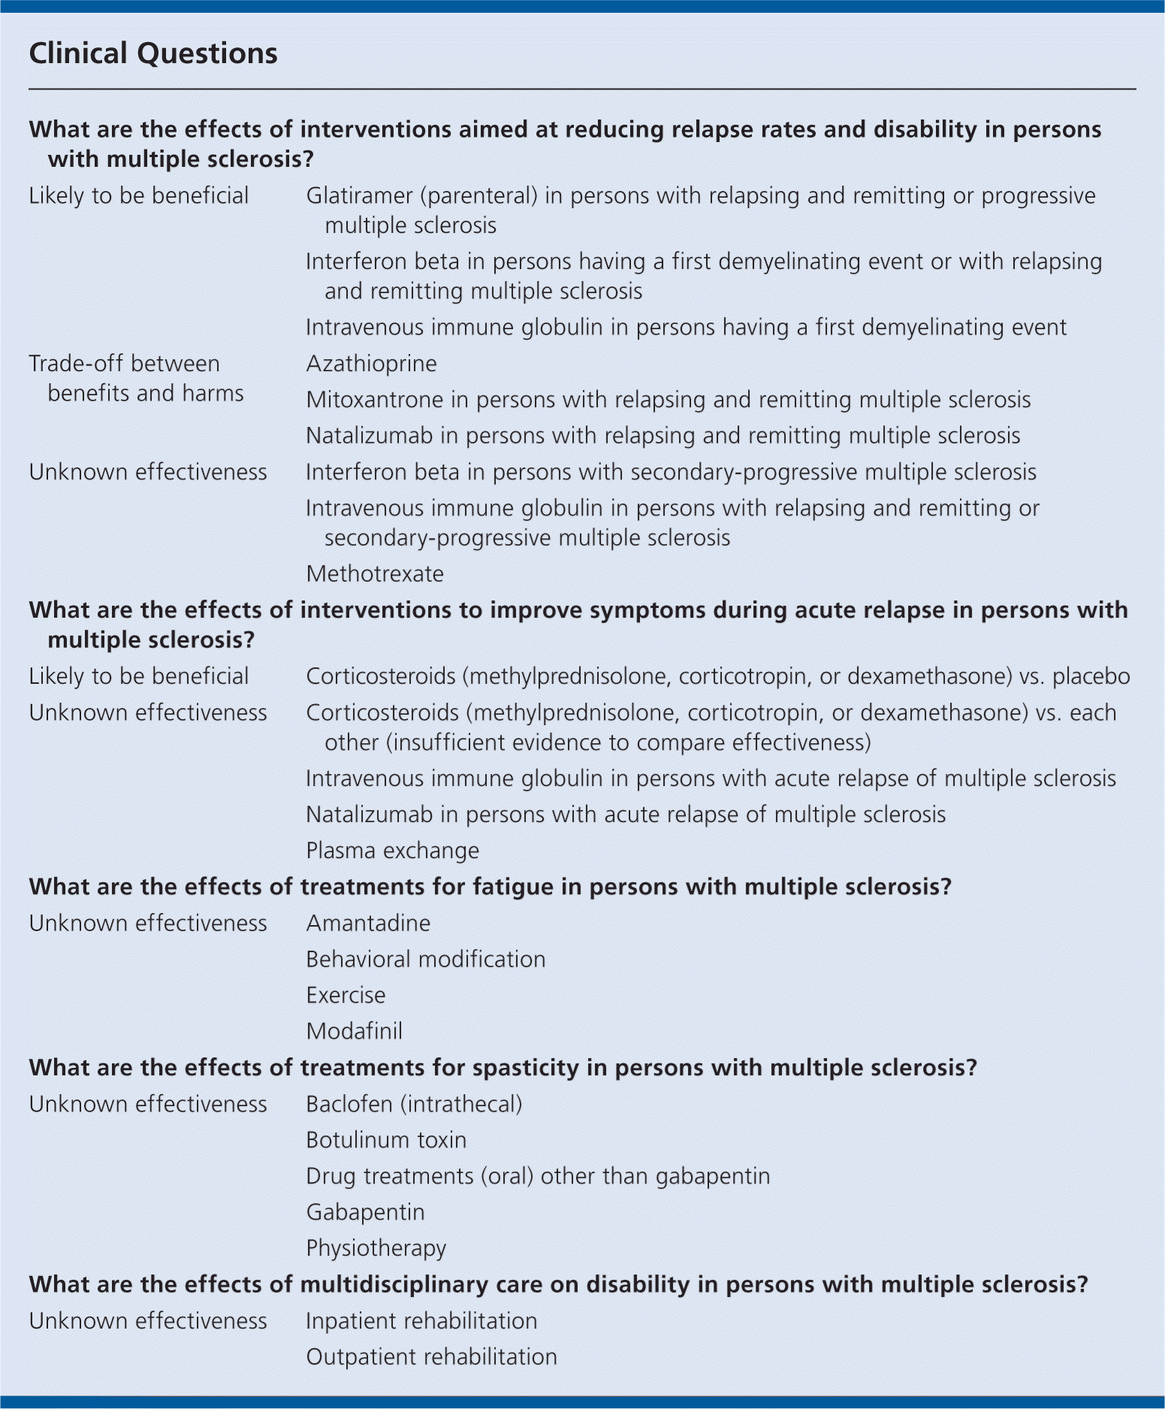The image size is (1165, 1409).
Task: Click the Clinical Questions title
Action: pos(153,54)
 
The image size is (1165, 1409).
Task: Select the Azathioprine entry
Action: pos(371,364)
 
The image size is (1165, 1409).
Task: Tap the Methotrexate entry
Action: pos(375,574)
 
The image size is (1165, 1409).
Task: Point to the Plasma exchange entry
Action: pos(392,851)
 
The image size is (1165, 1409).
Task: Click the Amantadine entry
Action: pos(368,923)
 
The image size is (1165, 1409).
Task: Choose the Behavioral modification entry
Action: pos(425,959)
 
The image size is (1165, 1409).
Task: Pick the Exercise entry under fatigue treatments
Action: pos(346,995)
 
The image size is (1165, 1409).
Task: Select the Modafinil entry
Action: pos(354,1031)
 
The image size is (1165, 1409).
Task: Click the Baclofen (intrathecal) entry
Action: pos(414,1104)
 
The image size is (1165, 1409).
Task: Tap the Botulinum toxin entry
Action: pos(386,1140)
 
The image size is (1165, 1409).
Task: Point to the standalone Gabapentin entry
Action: pos(365,1212)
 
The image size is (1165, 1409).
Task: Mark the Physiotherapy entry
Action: pos(376,1248)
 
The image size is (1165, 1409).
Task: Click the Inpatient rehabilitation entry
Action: pos(421,1321)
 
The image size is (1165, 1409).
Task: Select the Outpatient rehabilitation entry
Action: pos(431,1357)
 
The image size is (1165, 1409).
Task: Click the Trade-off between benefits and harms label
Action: pos(136,378)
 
